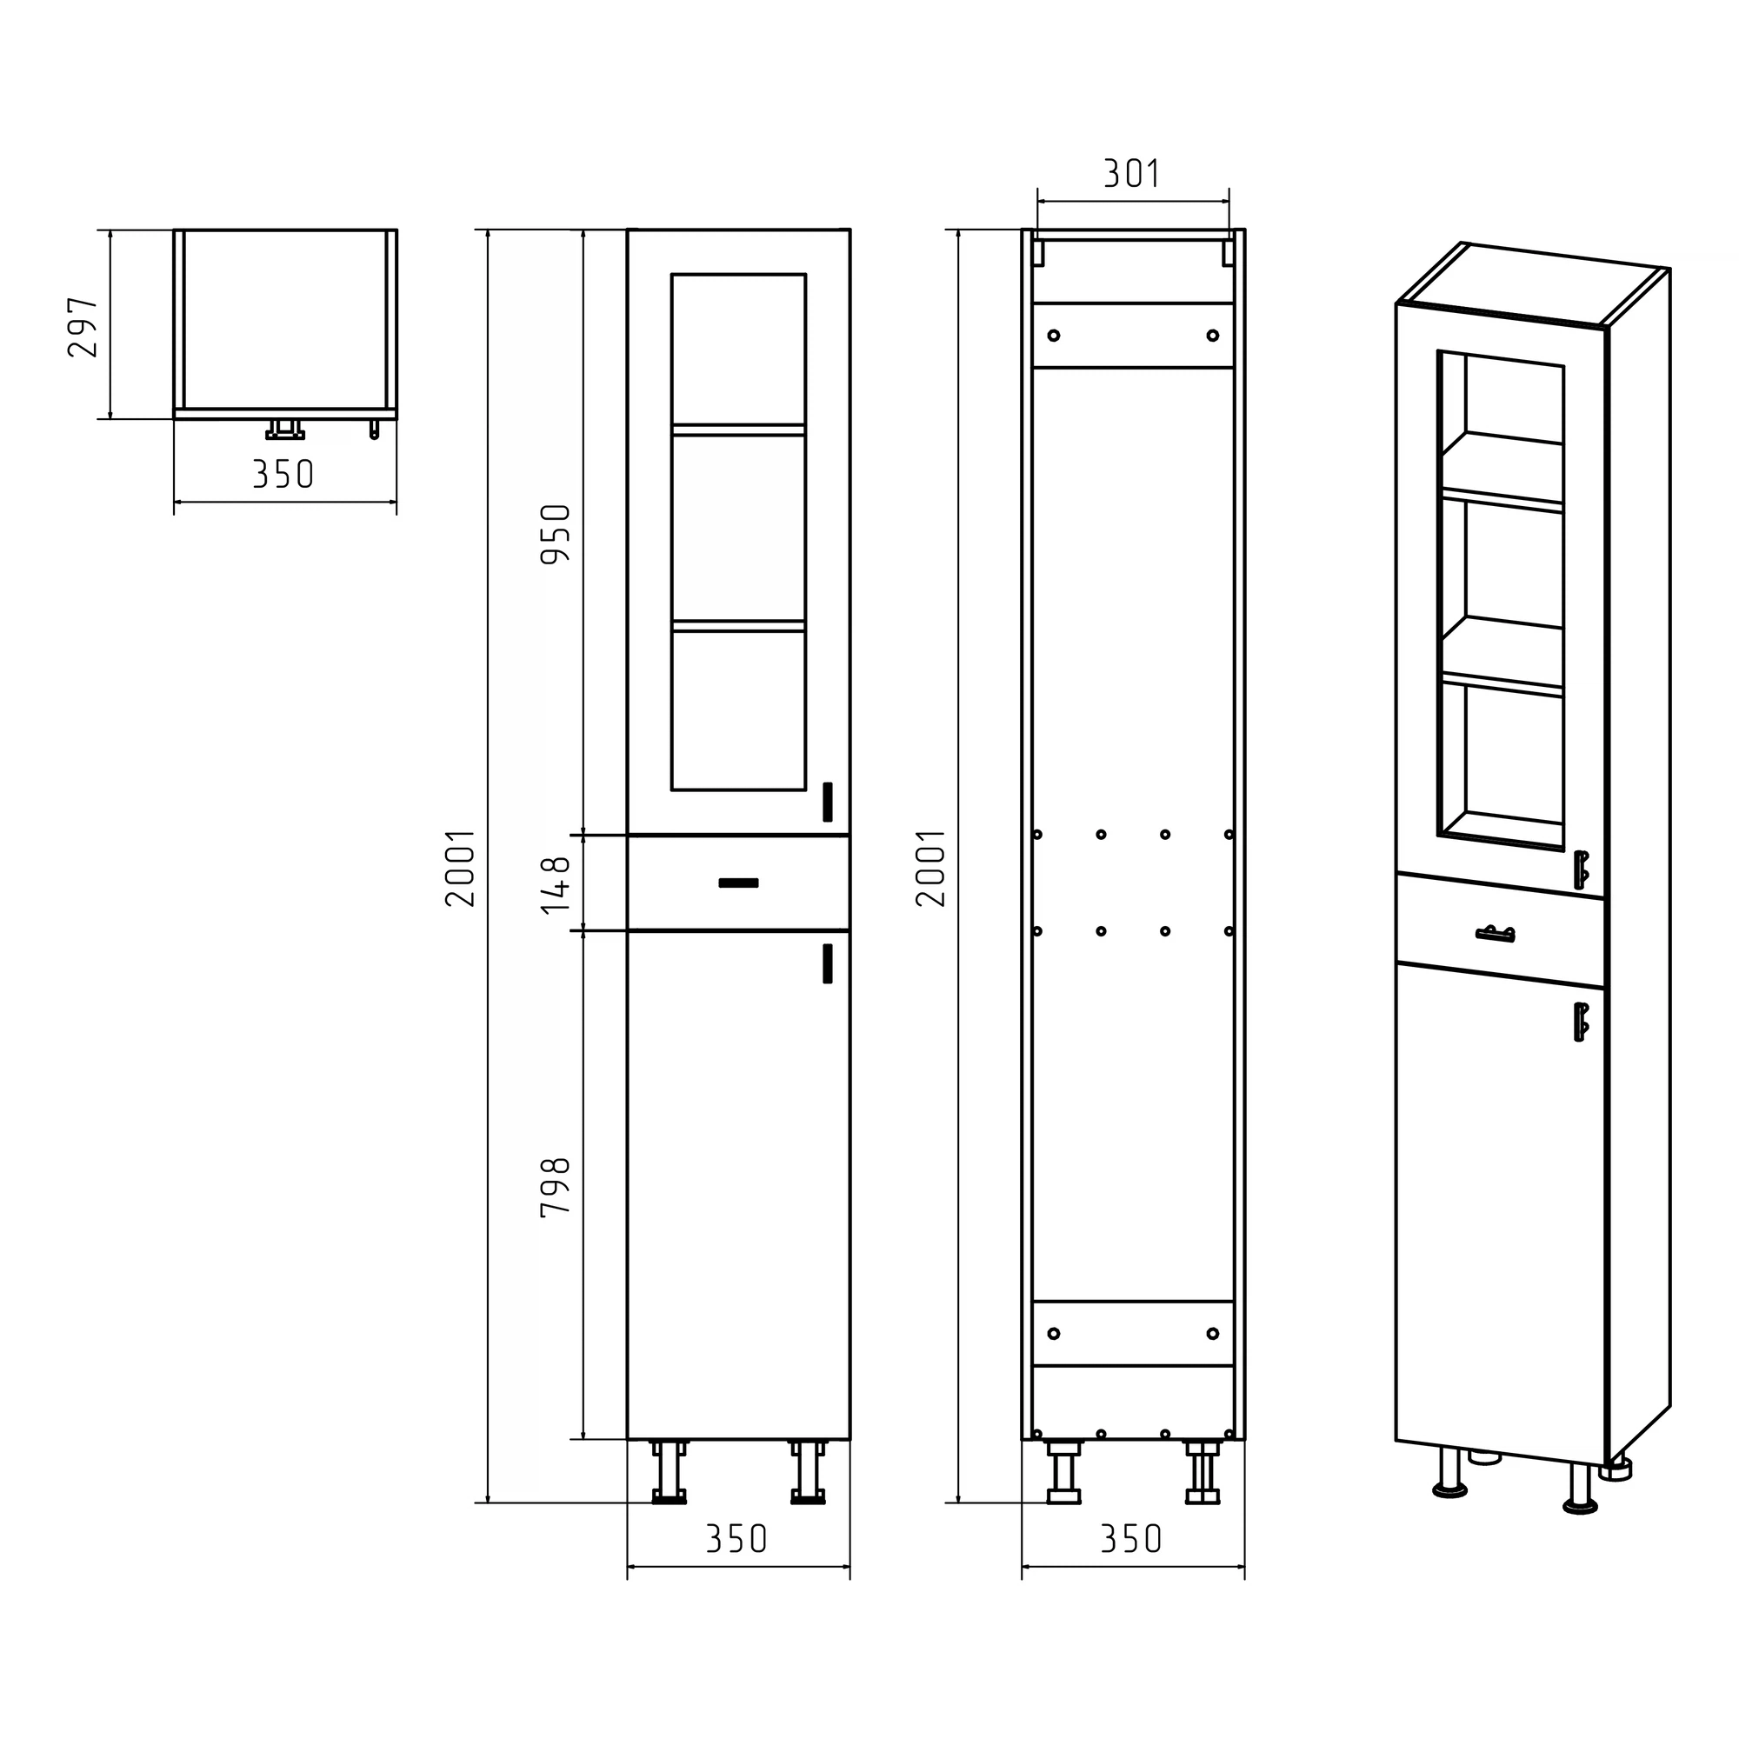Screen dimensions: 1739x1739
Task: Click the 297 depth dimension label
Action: click(83, 328)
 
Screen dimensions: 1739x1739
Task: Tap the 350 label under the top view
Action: click(283, 475)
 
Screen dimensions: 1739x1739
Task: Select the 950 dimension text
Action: click(556, 534)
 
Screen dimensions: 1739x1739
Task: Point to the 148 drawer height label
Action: click(556, 884)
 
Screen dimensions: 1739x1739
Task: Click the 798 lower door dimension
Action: click(556, 1186)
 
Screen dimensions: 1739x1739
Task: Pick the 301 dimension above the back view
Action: click(1132, 173)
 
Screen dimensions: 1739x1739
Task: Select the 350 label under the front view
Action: click(737, 1539)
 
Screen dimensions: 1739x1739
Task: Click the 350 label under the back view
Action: click(1132, 1539)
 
